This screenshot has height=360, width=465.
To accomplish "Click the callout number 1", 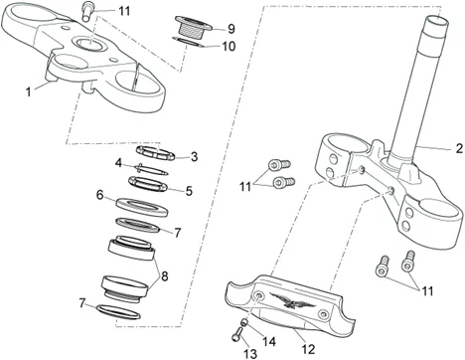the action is tap(29, 91).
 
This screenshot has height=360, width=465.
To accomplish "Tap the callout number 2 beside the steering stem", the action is tap(459, 148).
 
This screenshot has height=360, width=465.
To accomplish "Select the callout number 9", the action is tap(232, 29).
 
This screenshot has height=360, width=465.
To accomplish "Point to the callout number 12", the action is tap(308, 349).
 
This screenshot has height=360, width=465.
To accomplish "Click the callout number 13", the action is tap(250, 354).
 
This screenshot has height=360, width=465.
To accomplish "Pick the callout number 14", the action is tap(269, 341).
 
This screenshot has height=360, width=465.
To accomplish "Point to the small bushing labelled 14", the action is tap(244, 322).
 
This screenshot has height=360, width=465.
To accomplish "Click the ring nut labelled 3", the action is tap(156, 153).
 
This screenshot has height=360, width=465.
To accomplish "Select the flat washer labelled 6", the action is tap(142, 207).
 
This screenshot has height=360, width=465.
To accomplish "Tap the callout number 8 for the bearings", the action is tap(164, 275).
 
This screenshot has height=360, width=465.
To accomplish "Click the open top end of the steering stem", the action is tap(437, 23).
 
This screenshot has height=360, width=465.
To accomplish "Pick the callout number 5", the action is tap(189, 191).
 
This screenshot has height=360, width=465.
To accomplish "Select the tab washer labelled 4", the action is tap(151, 169).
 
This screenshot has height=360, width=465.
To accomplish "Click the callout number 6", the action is tap(99, 195).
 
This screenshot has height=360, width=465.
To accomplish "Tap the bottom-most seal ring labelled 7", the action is tap(118, 311).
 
